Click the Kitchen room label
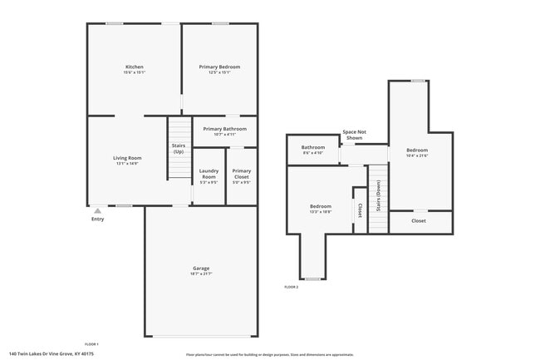pos(135,67)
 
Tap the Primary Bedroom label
pos(219,67)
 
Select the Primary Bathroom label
pos(224,130)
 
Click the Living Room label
pos(127,158)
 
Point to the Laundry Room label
pos(209,174)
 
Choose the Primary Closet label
pos(241,174)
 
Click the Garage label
pos(201,269)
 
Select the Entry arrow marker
pos(98,210)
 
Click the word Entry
pos(98,219)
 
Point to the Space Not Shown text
pos(355,135)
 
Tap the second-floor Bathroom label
pos(313,148)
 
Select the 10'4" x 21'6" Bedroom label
pos(416,150)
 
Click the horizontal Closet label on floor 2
pos(419,221)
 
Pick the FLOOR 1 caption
pos(91,344)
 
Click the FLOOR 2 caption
pos(291,287)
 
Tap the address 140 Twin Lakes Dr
pos(51,353)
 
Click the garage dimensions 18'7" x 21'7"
pos(201,274)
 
